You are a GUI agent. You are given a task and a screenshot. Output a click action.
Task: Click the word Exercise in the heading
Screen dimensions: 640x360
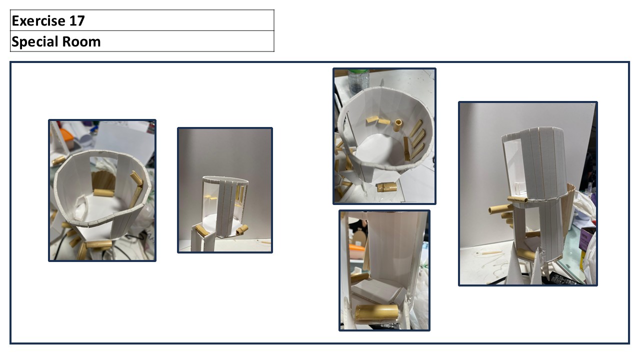[39, 20]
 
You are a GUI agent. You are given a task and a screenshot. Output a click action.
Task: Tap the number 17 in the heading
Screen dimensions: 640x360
[77, 20]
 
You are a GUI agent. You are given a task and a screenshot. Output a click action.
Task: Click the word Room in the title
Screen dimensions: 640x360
[81, 41]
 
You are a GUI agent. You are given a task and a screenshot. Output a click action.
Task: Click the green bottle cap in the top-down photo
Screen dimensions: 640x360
[358, 71]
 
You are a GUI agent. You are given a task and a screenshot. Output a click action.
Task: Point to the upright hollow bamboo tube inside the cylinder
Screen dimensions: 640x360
[397, 125]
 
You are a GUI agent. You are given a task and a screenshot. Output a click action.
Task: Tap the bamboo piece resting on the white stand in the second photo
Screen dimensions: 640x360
[202, 231]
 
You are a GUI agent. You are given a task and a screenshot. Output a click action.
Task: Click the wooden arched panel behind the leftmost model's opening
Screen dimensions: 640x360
[103, 179]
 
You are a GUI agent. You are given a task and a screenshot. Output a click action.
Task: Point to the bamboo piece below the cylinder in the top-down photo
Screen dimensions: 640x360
[386, 187]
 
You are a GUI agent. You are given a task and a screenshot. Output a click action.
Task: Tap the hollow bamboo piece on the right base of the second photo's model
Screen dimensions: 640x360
[241, 229]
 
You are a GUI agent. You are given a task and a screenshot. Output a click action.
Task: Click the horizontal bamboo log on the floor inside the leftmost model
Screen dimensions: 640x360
[103, 192]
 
